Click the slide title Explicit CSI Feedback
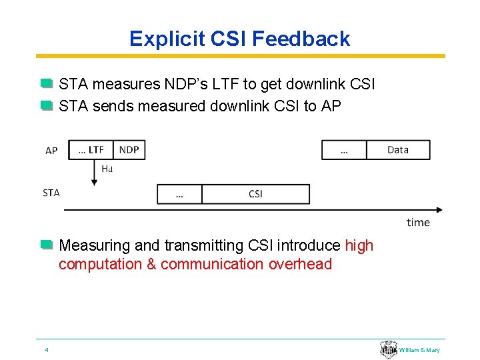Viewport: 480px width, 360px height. click(x=239, y=39)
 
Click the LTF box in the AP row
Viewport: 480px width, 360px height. click(x=91, y=150)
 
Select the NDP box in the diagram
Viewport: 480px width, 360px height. click(x=129, y=150)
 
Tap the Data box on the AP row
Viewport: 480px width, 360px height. click(x=398, y=150)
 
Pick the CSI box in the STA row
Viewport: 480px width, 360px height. click(x=255, y=194)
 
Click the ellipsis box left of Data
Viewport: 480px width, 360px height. click(x=344, y=150)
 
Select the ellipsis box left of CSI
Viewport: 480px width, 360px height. click(x=179, y=194)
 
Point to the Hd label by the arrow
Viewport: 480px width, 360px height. click(x=107, y=169)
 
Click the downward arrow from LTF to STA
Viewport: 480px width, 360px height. click(x=94, y=173)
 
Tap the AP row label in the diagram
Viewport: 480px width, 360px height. click(x=51, y=151)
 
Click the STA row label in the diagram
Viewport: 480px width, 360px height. click(x=51, y=193)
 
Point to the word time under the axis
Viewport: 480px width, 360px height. click(x=418, y=222)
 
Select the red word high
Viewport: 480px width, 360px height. click(x=359, y=246)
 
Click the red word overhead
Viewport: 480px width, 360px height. click(x=300, y=264)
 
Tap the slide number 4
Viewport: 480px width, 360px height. click(x=46, y=350)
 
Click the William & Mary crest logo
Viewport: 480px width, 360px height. click(x=389, y=349)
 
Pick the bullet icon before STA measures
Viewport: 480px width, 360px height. click(x=46, y=85)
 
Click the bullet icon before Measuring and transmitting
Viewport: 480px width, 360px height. click(x=46, y=246)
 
